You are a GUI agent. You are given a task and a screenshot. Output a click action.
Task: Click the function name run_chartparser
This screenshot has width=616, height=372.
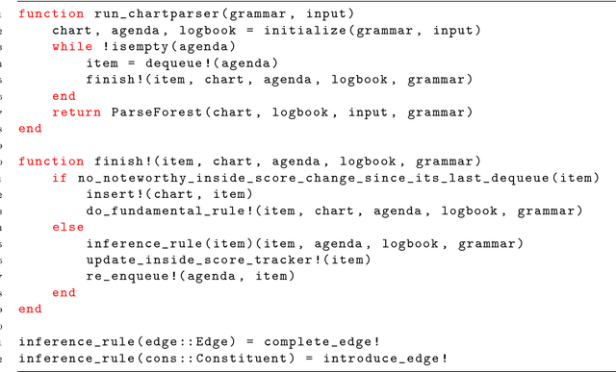click(136, 13)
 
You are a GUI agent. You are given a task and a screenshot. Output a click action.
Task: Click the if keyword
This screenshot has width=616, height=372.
click(59, 178)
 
